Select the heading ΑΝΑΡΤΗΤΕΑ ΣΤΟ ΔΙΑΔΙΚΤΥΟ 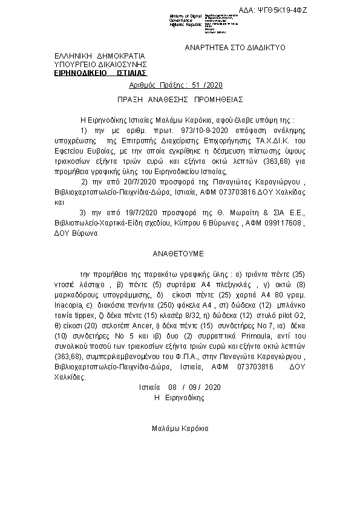click(x=235, y=47)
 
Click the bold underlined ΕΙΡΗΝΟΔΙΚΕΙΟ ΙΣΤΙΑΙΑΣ click(x=97, y=72)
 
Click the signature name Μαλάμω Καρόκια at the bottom click(x=180, y=428)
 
